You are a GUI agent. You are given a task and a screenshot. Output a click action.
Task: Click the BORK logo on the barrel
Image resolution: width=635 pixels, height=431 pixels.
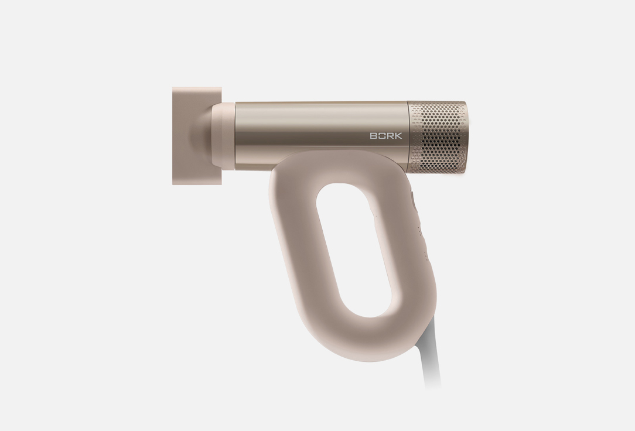coord(386,136)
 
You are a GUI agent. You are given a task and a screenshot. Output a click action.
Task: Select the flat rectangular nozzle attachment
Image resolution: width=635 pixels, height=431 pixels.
coord(197,136)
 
